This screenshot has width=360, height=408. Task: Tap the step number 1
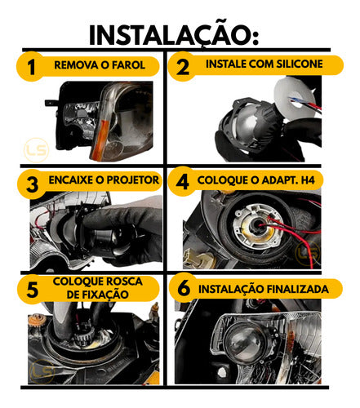[31, 67]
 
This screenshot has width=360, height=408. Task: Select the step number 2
[182, 67]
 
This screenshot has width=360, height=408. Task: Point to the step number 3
[32, 184]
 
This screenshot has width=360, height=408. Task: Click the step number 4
[182, 182]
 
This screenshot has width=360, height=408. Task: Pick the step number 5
[33, 289]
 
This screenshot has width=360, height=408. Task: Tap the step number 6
[184, 288]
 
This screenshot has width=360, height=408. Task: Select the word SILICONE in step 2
[300, 64]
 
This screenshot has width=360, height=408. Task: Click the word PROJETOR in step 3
[132, 180]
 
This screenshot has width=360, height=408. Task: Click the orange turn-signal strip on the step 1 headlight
[100, 140]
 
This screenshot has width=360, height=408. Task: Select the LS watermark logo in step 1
[36, 150]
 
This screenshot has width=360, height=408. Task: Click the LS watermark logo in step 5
[42, 371]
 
